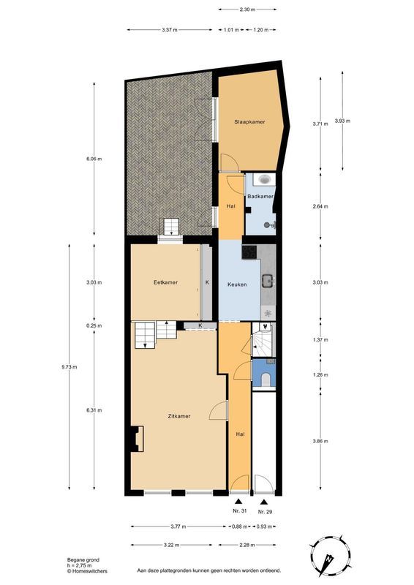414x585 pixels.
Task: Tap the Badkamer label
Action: click(260, 197)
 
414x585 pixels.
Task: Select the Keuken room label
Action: click(237, 284)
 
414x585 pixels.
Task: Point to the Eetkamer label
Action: click(165, 282)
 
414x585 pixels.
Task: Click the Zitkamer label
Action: click(178, 416)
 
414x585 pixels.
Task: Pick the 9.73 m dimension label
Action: click(70, 367)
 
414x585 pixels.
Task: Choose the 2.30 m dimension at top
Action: click(247, 10)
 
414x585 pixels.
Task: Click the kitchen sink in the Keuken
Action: click(268, 279)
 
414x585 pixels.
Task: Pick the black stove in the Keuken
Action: click(249, 252)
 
